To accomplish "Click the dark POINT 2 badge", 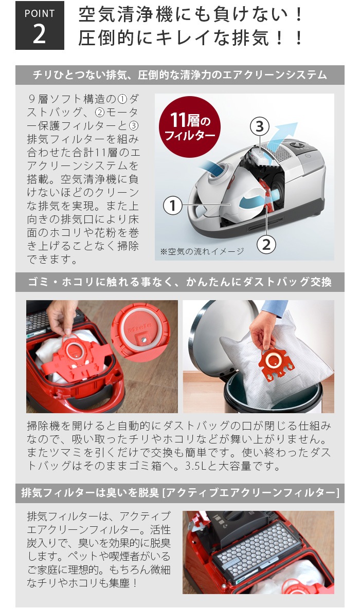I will pos(40,26).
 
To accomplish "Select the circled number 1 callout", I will pos(173,206).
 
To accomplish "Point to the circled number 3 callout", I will pos(260,126).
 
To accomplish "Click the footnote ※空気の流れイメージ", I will pos(202,251).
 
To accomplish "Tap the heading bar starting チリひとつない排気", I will pos(179,75).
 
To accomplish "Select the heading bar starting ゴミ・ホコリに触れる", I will pos(179,282).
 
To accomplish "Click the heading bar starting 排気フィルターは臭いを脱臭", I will pos(179,493).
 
